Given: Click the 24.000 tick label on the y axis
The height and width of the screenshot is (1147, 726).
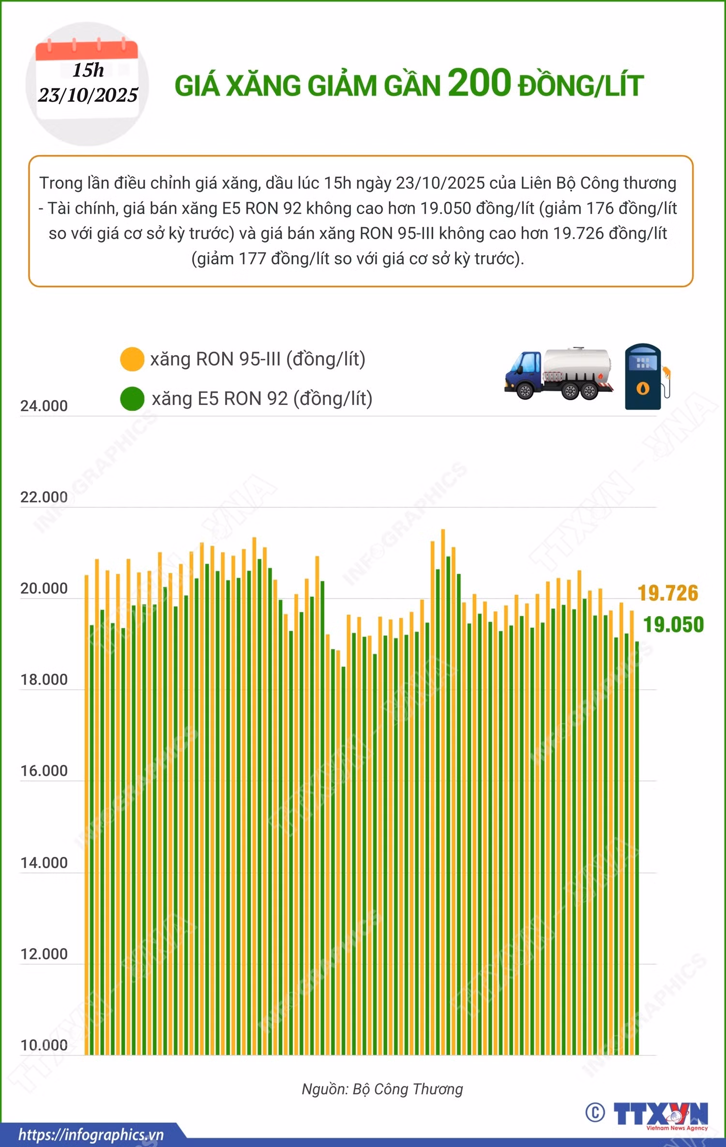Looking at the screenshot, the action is click(44, 406).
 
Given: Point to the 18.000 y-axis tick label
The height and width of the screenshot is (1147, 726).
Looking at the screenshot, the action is click(44, 680).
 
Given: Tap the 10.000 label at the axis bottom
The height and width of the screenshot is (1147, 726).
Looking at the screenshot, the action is click(44, 1045).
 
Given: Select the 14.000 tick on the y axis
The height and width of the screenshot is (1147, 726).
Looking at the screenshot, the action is click(44, 863).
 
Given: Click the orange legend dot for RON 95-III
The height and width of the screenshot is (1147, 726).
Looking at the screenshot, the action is click(132, 359).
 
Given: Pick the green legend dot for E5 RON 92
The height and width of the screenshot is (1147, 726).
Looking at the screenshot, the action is click(132, 399).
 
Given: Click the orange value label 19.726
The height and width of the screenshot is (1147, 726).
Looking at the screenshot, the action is click(668, 593).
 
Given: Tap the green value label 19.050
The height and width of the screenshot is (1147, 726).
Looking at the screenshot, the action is click(674, 625).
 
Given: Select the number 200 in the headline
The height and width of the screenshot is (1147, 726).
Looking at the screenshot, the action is click(480, 83).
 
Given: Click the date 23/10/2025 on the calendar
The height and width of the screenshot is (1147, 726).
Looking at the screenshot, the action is click(88, 95).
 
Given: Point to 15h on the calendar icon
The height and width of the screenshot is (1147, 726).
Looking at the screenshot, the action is click(88, 70).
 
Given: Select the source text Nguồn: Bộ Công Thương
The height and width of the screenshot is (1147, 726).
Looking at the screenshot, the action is click(382, 1089).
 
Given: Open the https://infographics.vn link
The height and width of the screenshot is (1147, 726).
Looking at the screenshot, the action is click(91, 1135).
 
